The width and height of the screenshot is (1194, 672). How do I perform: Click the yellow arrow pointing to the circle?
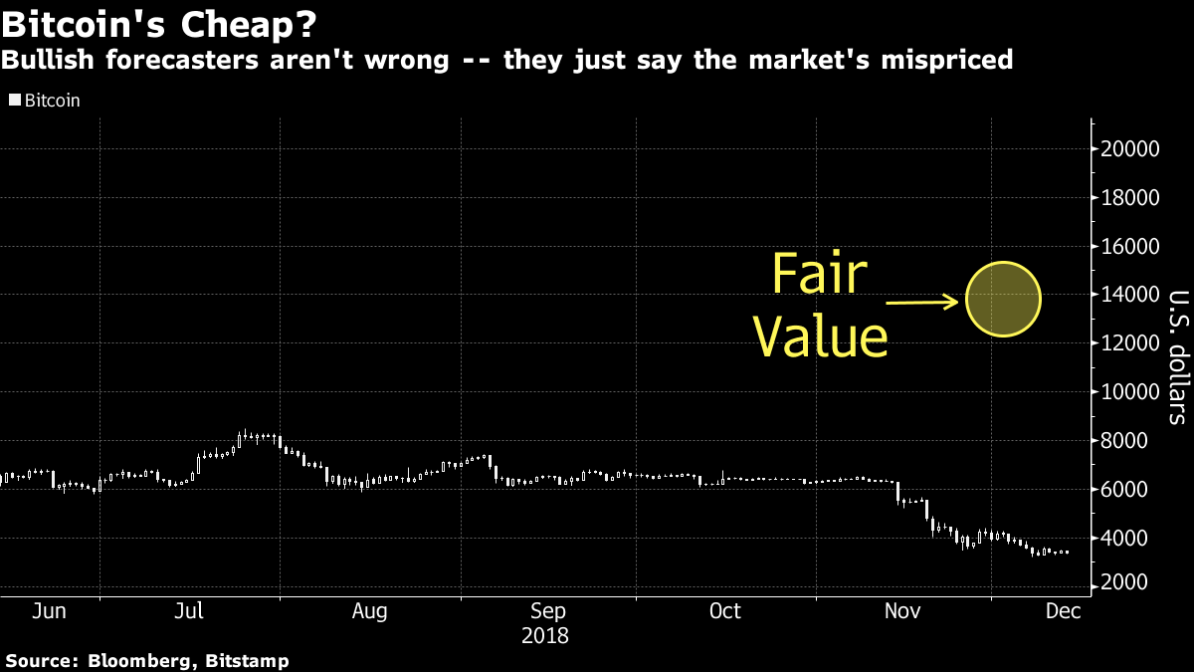(923, 301)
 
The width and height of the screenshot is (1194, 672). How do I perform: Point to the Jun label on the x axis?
(50, 610)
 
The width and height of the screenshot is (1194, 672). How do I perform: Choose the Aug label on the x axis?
(369, 610)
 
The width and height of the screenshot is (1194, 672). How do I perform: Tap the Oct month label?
(725, 610)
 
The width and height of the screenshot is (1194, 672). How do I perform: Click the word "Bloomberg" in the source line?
(133, 660)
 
